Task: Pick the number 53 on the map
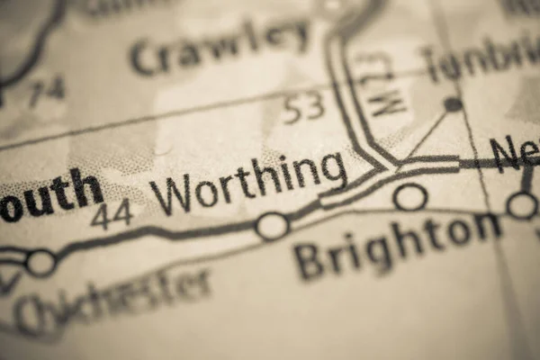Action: coord(302,109)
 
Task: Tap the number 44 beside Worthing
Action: coord(112,214)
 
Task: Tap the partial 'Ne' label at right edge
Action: coord(516,153)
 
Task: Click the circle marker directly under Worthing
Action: coord(272,226)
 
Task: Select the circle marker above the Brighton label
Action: coord(410,197)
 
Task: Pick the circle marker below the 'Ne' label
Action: coord(522,205)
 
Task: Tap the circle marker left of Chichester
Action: coord(40,263)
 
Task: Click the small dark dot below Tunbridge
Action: coord(453,104)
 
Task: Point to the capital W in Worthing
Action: coord(170,194)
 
